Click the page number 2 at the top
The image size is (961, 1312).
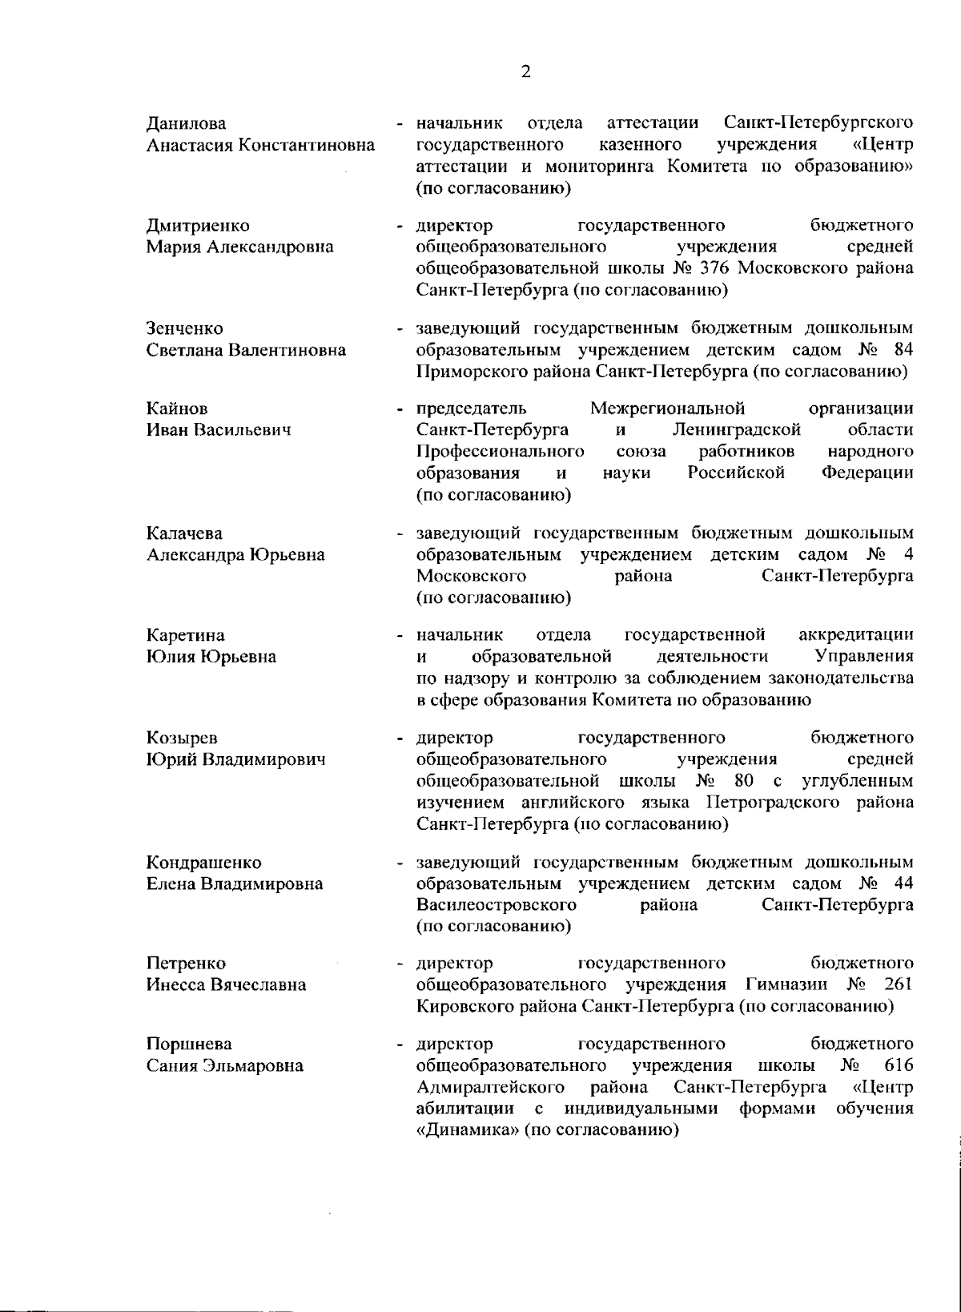525,72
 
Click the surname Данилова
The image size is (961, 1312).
186,123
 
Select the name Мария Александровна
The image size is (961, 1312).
239,247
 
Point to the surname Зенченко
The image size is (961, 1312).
184,328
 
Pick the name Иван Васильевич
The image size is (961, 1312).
218,430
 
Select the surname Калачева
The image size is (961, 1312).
184,533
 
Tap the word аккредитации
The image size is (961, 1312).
856,635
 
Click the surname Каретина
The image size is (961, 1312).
185,635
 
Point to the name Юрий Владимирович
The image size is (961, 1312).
235,759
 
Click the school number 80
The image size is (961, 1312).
743,781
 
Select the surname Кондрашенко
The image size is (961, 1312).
203,863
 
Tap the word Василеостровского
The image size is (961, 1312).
497,905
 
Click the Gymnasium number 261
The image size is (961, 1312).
899,984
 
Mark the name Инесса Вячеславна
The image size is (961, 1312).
226,984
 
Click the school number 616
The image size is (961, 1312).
899,1066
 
